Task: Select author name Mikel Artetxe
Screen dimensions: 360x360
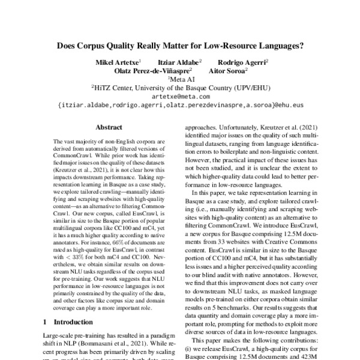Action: click(118, 62)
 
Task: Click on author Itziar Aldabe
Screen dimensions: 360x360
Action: click(179, 62)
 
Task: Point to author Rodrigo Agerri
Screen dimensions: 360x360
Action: click(242, 62)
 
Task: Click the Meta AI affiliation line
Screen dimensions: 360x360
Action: click(181, 79)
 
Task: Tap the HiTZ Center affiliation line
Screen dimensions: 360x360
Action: click(181, 87)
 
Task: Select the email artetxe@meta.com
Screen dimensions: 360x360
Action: click(181, 96)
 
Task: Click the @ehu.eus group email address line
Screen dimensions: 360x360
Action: click(181, 104)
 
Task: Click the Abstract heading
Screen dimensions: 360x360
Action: click(109, 127)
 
